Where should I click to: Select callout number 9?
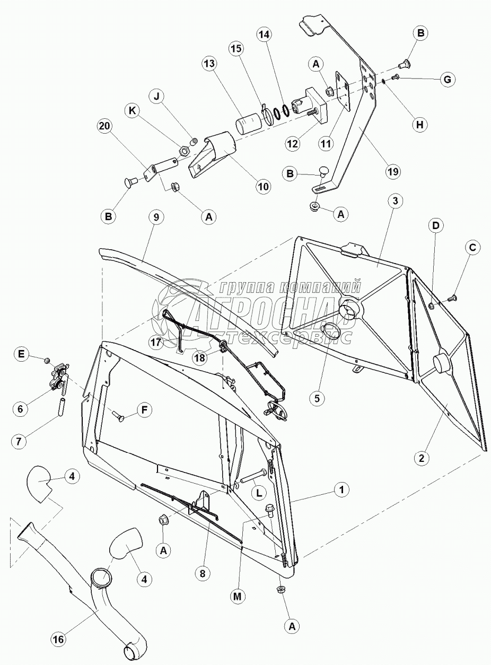[x=157, y=217]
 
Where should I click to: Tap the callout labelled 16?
[x=58, y=640]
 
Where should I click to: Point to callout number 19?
[x=393, y=171]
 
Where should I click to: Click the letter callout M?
[x=238, y=596]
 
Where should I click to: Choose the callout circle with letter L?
[x=259, y=493]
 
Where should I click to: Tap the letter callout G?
[x=447, y=80]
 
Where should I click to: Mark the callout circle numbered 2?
[x=421, y=458]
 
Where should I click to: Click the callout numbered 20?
[x=105, y=126]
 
